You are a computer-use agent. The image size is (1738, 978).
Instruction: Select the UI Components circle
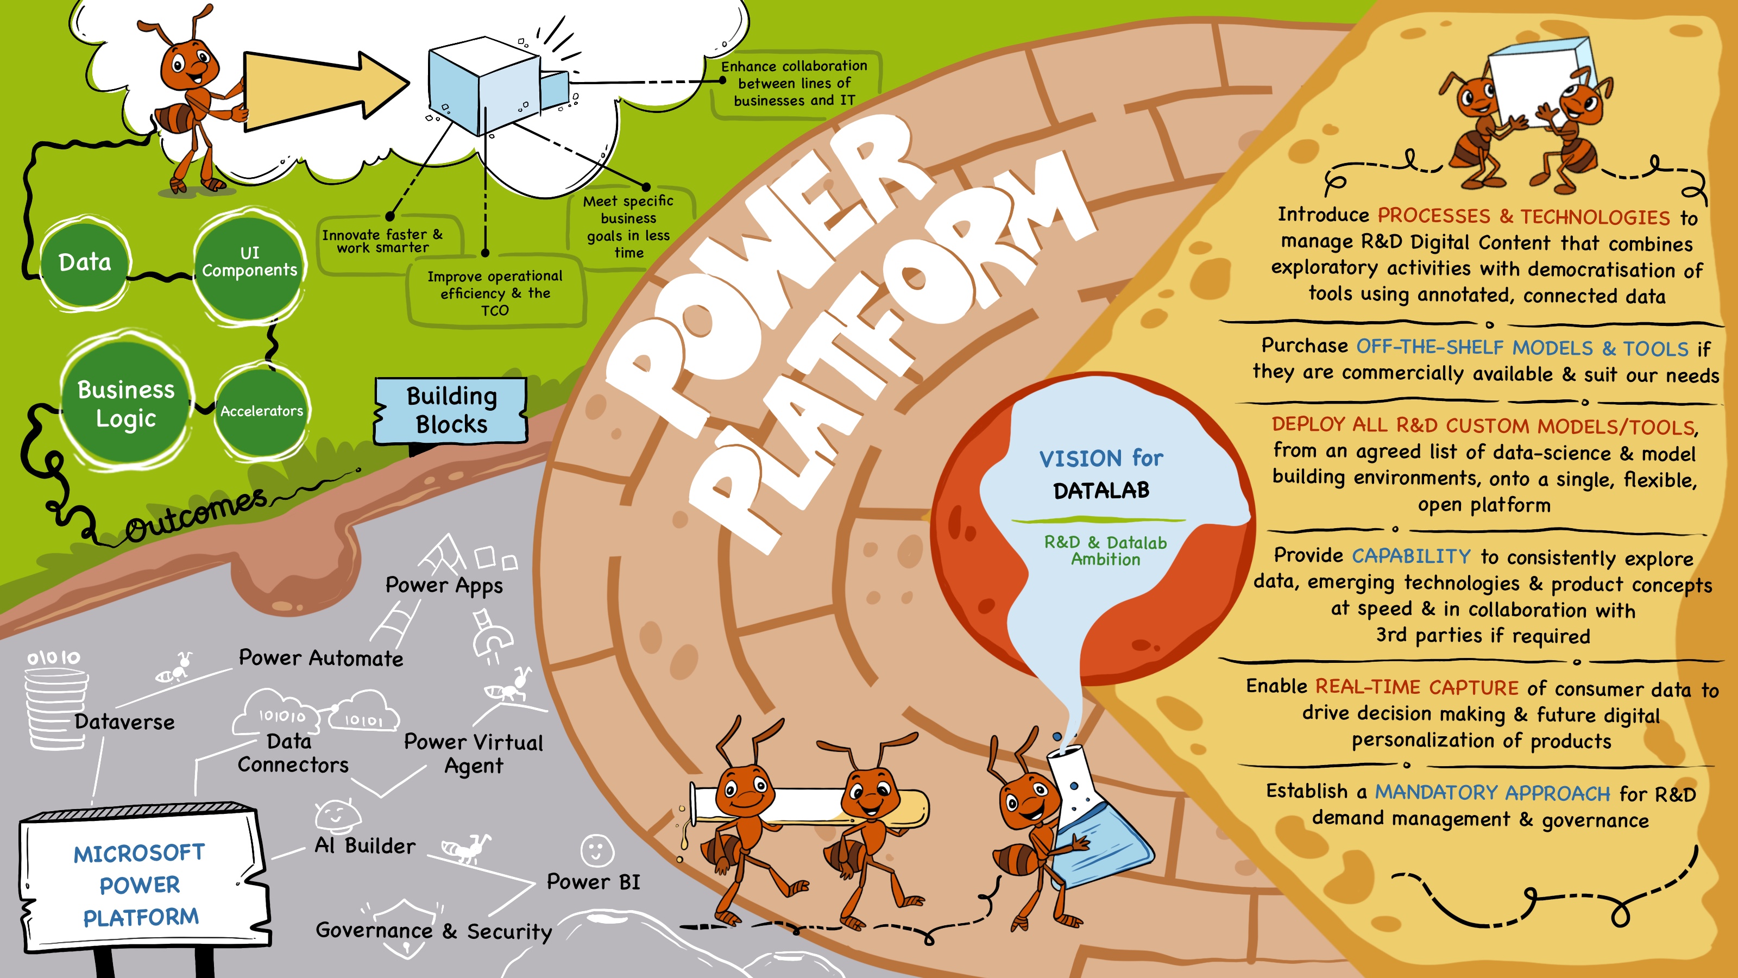click(x=249, y=262)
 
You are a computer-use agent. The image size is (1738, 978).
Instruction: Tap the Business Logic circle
click(x=126, y=404)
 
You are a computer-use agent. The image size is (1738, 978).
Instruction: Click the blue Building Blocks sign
click(x=451, y=410)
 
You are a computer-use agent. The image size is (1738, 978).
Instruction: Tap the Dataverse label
click(x=125, y=722)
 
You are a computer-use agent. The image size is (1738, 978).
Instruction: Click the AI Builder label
click(x=365, y=846)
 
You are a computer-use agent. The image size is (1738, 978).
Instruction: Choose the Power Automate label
click(x=321, y=658)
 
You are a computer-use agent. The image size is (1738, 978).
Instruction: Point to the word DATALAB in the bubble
click(x=1101, y=491)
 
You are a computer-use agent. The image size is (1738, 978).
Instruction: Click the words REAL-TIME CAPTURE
click(x=1417, y=687)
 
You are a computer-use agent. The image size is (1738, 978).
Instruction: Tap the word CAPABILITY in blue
click(x=1411, y=556)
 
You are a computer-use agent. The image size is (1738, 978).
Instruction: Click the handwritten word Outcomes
click(x=196, y=516)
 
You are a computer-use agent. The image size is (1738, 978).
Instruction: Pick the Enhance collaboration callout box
click(x=794, y=84)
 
